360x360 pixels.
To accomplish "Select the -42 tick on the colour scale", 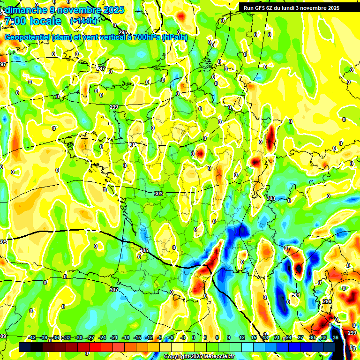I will [32, 337].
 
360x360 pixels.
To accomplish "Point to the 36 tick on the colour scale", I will [336, 337].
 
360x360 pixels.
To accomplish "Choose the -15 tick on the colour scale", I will [137, 337].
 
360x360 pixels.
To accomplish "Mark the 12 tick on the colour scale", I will [241, 337].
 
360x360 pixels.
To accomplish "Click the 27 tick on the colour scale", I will [300, 337].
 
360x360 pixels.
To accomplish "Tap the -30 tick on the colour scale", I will [79, 337].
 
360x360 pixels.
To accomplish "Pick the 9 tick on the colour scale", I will [229, 337].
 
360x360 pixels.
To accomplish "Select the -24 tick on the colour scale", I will [102, 337].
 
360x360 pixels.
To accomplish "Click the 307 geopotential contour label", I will [114, 290].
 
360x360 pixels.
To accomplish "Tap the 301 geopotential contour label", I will [296, 295].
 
